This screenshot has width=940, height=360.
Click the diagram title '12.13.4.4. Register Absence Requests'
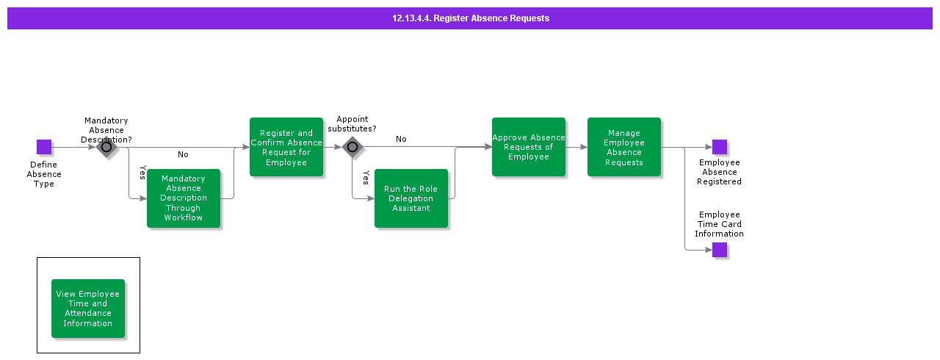pyautogui.click(x=470, y=18)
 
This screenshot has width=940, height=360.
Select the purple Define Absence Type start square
pyautogui.click(x=44, y=147)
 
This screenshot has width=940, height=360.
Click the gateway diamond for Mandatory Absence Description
pyautogui.click(x=106, y=147)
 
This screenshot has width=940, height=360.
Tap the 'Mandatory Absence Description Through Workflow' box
pyautogui.click(x=184, y=198)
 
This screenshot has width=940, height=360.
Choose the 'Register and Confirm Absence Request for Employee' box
pyautogui.click(x=286, y=147)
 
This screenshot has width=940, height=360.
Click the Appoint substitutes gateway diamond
pyautogui.click(x=352, y=147)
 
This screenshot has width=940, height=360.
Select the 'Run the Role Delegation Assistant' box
pyautogui.click(x=411, y=198)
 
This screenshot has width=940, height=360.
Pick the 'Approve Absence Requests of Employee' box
pyautogui.click(x=529, y=147)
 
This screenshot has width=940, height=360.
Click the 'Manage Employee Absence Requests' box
pyautogui.click(x=624, y=147)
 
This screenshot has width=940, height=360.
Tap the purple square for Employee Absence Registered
pyautogui.click(x=720, y=147)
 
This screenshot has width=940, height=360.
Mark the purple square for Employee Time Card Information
pyautogui.click(x=720, y=250)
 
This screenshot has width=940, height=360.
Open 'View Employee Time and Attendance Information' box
pyautogui.click(x=88, y=309)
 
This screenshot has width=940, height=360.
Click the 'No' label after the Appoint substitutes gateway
pyautogui.click(x=401, y=139)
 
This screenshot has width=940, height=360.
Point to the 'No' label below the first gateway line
pyautogui.click(x=183, y=154)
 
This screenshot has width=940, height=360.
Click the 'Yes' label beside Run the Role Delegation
pyautogui.click(x=366, y=178)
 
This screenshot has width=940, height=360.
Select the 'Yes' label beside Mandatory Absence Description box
pyautogui.click(x=142, y=173)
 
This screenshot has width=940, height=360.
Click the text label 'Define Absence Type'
pyautogui.click(x=44, y=174)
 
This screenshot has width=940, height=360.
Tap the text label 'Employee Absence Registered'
pyautogui.click(x=720, y=172)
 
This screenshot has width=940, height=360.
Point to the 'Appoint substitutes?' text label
pyautogui.click(x=352, y=124)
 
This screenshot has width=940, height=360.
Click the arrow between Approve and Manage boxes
pyautogui.click(x=576, y=147)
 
